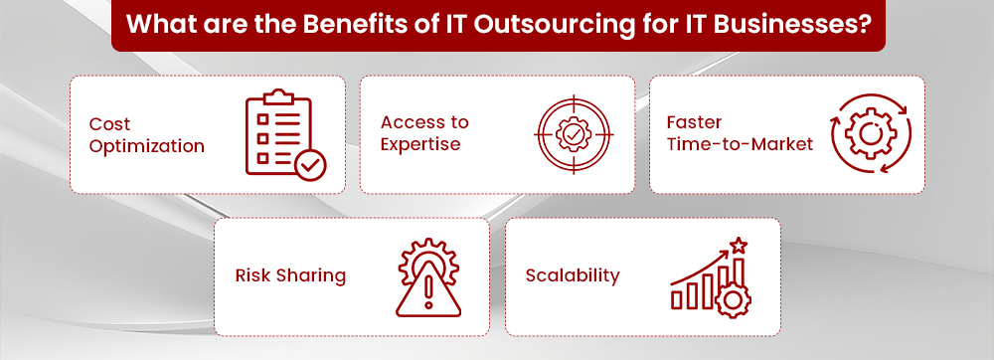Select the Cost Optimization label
(x=146, y=135)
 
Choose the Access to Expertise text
(x=424, y=133)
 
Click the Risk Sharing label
(x=290, y=275)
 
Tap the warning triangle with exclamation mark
(x=428, y=289)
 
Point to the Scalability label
(x=573, y=275)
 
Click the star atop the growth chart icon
(x=738, y=244)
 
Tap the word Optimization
(x=146, y=146)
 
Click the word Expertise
(x=420, y=144)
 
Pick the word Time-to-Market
(x=741, y=144)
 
